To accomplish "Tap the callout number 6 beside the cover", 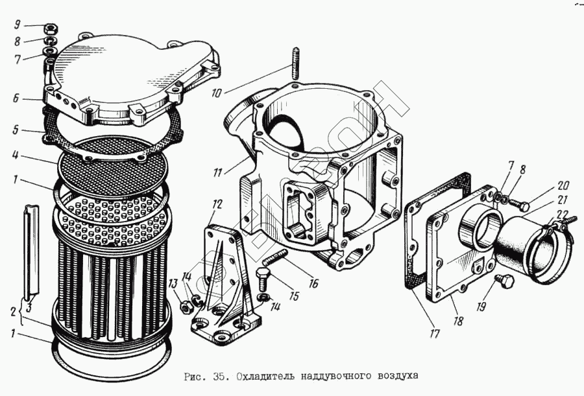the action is click(16, 99).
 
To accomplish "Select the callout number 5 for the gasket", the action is click(16, 130).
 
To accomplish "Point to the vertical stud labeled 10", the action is click(295, 64).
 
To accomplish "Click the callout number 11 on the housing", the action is click(218, 172).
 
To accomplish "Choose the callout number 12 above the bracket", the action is click(217, 204).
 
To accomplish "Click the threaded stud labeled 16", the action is click(275, 257).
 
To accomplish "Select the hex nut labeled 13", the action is click(185, 307).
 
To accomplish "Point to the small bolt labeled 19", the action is click(505, 281).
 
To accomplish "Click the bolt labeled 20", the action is click(520, 204).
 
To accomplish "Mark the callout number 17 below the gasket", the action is click(434, 334).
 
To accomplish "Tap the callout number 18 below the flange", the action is click(458, 320).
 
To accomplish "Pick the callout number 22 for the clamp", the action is click(563, 215).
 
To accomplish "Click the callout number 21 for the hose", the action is click(563, 200).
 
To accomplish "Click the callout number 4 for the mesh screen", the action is click(15, 155).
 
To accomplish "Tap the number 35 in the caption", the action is click(218, 377).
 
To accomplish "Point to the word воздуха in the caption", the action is click(398, 377).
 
